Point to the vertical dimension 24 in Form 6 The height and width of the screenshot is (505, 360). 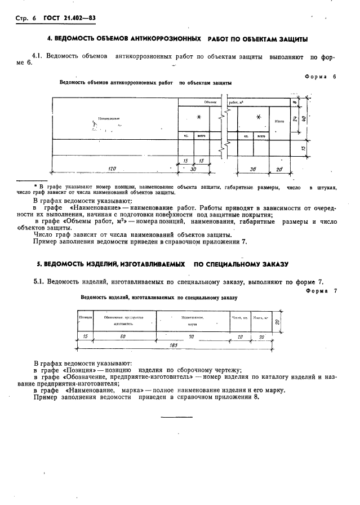[x=294, y=119]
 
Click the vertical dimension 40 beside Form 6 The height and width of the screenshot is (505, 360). [x=304, y=119]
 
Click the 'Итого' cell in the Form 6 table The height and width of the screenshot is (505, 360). [x=279, y=121]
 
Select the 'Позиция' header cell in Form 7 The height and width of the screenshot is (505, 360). [x=85, y=317]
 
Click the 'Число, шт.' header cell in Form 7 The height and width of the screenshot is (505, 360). [x=239, y=317]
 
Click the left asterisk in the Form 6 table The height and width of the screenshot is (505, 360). [x=198, y=117]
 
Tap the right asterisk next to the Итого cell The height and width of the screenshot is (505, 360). [x=258, y=117]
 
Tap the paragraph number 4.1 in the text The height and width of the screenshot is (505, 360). [x=38, y=56]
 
